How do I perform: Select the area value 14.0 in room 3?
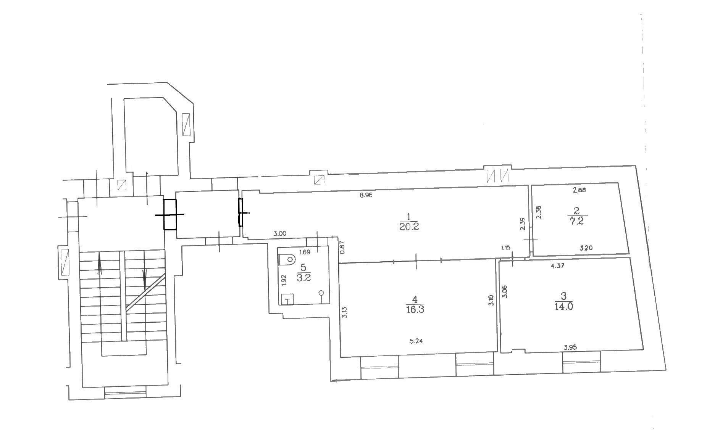click(564, 306)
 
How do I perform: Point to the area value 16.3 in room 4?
click(415, 309)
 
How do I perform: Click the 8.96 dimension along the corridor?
click(366, 195)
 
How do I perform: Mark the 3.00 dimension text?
click(280, 234)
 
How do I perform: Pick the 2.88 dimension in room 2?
click(579, 190)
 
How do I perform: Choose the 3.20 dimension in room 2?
click(586, 248)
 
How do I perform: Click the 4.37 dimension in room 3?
click(558, 266)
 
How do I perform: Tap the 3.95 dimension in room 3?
click(570, 347)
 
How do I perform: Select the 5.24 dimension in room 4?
click(416, 341)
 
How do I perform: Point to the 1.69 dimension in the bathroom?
click(305, 252)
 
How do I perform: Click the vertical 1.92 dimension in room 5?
click(284, 280)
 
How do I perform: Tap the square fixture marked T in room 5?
click(287, 300)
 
